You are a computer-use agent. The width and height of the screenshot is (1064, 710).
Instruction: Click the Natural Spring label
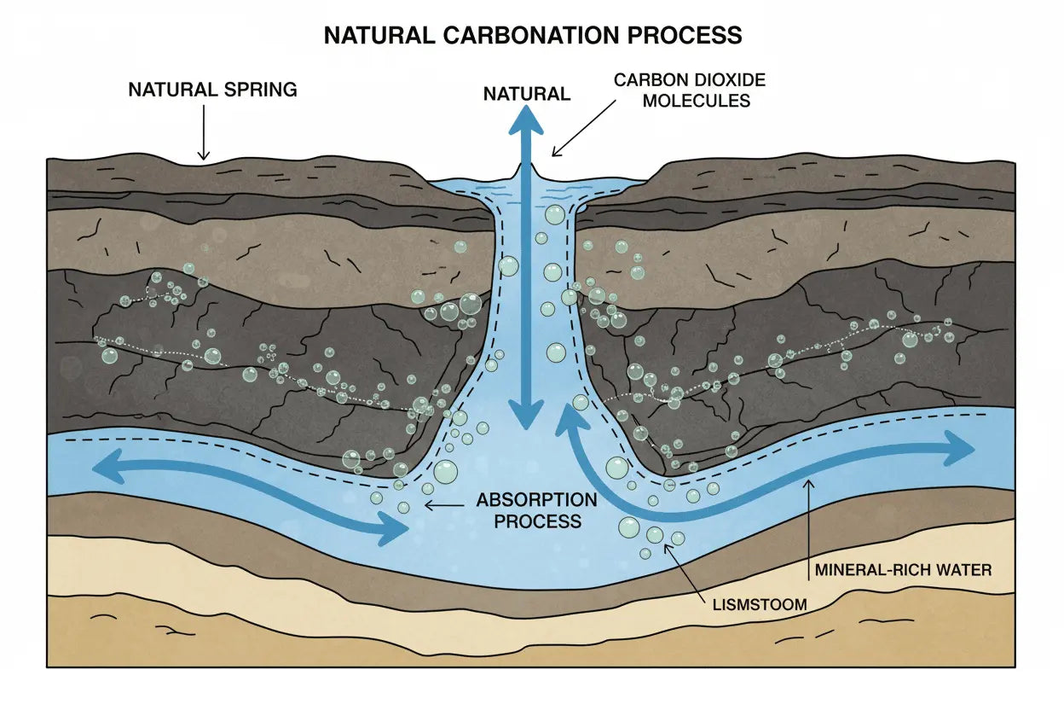pos(212,90)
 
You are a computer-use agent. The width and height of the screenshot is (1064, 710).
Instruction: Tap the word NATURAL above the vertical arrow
pos(527,94)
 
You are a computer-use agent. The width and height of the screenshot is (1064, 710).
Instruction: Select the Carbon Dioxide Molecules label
pos(691,90)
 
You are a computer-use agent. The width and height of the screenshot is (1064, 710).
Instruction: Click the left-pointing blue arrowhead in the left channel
pos(106,466)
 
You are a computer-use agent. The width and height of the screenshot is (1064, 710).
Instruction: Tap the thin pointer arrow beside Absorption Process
pos(444,505)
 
